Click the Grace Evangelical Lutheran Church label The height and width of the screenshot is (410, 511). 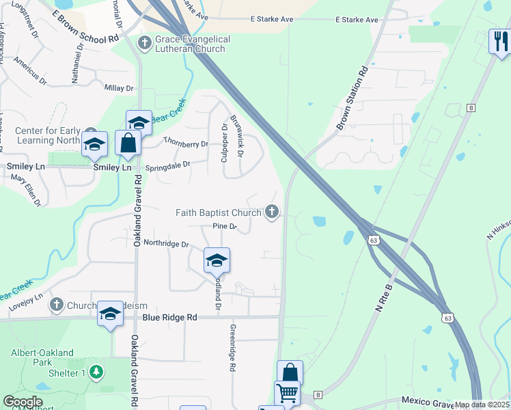[193, 44]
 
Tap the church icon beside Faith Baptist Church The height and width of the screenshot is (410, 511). [272, 212]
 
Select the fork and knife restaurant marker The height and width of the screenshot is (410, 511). [499, 41]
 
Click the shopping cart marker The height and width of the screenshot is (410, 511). [287, 393]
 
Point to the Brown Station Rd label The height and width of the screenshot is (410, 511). [353, 98]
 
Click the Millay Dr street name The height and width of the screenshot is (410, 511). [119, 88]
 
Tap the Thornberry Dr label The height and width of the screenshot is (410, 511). [186, 144]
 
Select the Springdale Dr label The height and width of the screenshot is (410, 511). [167, 166]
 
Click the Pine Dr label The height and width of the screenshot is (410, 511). [224, 226]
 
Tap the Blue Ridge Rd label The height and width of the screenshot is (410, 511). [169, 318]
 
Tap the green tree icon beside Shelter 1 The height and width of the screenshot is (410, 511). [97, 372]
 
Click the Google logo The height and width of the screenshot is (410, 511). [23, 402]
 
